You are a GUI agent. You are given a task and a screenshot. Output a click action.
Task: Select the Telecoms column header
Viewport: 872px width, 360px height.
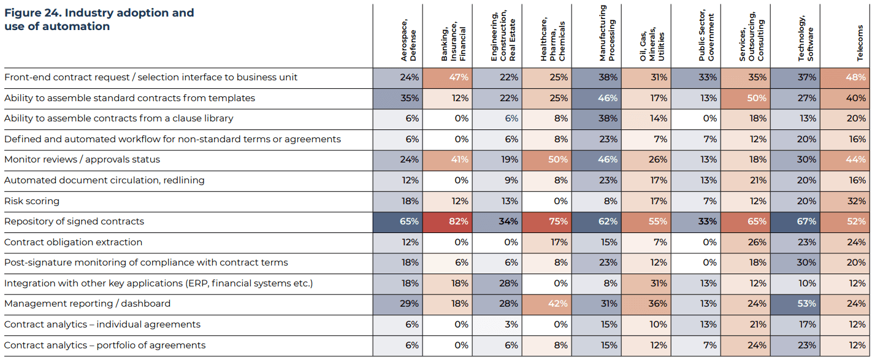point(860,43)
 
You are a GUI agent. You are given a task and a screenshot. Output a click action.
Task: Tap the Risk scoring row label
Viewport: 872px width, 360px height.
point(32,201)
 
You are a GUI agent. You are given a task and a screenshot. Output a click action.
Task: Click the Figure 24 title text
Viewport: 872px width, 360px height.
point(99,20)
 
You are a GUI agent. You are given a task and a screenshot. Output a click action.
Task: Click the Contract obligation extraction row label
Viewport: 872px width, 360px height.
point(73,242)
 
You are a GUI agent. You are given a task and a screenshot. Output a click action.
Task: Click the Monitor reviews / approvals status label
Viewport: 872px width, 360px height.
point(82,159)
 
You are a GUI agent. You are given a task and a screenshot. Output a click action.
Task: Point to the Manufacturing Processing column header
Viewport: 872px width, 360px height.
point(607,34)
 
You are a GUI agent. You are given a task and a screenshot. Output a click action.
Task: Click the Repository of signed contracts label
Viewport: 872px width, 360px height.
point(74,221)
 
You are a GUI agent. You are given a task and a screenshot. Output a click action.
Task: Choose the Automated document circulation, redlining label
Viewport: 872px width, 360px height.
point(104,180)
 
